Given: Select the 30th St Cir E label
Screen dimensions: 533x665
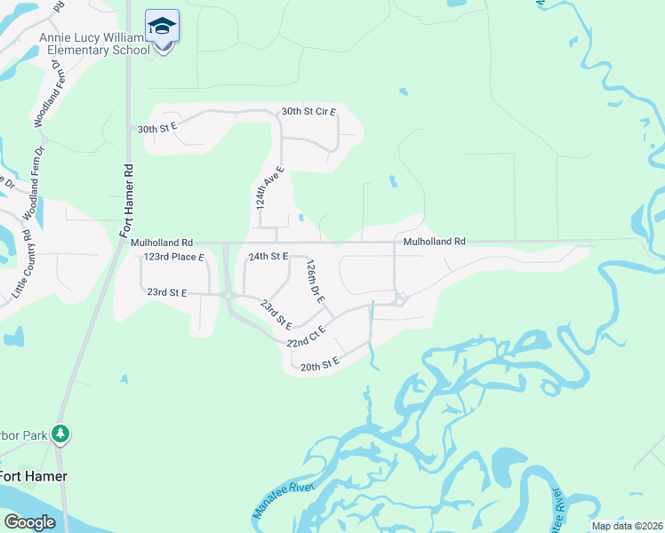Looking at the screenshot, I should point(308,112).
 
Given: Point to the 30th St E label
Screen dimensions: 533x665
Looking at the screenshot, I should point(158,128).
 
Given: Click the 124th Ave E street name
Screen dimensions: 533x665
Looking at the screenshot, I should point(268,187).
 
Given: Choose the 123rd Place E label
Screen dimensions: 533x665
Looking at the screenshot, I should point(174,257).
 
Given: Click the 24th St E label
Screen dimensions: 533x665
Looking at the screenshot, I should point(268,256).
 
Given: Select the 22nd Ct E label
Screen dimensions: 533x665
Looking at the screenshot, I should point(306,336).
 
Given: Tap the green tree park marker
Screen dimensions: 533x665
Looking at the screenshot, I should point(60,434).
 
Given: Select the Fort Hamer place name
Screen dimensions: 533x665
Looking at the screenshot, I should point(33,476).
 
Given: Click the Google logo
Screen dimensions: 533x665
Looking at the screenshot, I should point(29,521).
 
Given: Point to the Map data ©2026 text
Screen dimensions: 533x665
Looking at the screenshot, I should point(627,526).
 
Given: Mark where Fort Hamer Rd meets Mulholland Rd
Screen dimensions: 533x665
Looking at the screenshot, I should point(121,242).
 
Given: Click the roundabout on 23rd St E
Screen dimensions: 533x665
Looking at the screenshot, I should point(228,296).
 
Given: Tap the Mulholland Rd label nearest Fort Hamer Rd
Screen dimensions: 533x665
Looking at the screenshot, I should point(162,242).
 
